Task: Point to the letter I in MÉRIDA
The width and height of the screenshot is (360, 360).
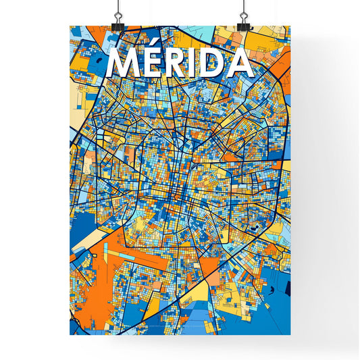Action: click(x=197, y=63)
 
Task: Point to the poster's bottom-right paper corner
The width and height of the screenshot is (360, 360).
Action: click(x=290, y=335)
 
